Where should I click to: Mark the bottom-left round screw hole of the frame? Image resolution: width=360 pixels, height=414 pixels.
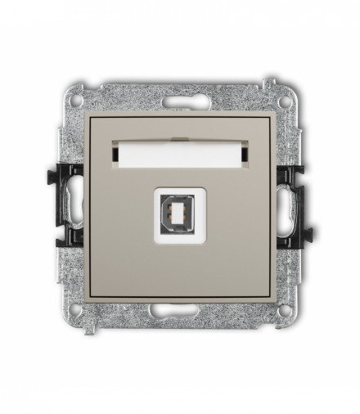pyautogui.click(x=76, y=310)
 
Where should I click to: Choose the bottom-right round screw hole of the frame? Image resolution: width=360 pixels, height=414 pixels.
pyautogui.click(x=283, y=310)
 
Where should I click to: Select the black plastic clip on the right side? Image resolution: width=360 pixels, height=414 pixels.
pyautogui.click(x=293, y=205)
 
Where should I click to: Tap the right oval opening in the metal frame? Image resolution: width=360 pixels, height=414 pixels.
pyautogui.click(x=286, y=205)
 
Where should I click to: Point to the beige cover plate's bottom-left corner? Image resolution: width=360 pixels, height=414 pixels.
pyautogui.click(x=89, y=298)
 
